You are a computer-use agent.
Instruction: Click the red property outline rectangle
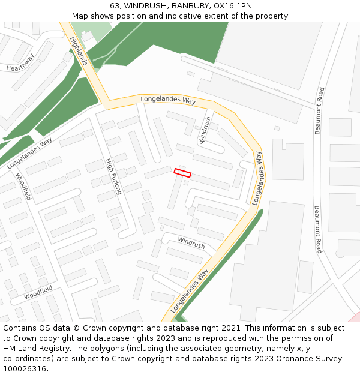pos(182,173)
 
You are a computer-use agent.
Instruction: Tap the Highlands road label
pos(79,50)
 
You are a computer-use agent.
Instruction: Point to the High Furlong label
pos(113,176)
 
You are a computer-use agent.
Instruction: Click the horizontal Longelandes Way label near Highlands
pos(168,100)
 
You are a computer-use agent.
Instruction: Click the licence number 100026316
pos(25,369)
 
